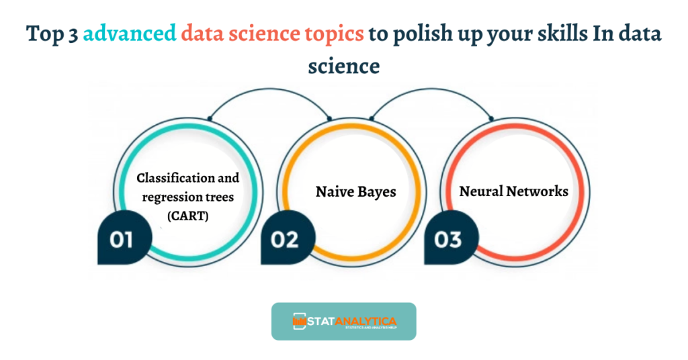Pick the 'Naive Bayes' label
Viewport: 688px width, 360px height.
click(355, 191)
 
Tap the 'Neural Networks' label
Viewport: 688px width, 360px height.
click(513, 191)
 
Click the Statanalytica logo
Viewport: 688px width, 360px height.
click(343, 322)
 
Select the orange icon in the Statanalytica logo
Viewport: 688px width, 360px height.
click(298, 321)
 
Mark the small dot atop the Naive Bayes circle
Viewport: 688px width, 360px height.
click(329, 119)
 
